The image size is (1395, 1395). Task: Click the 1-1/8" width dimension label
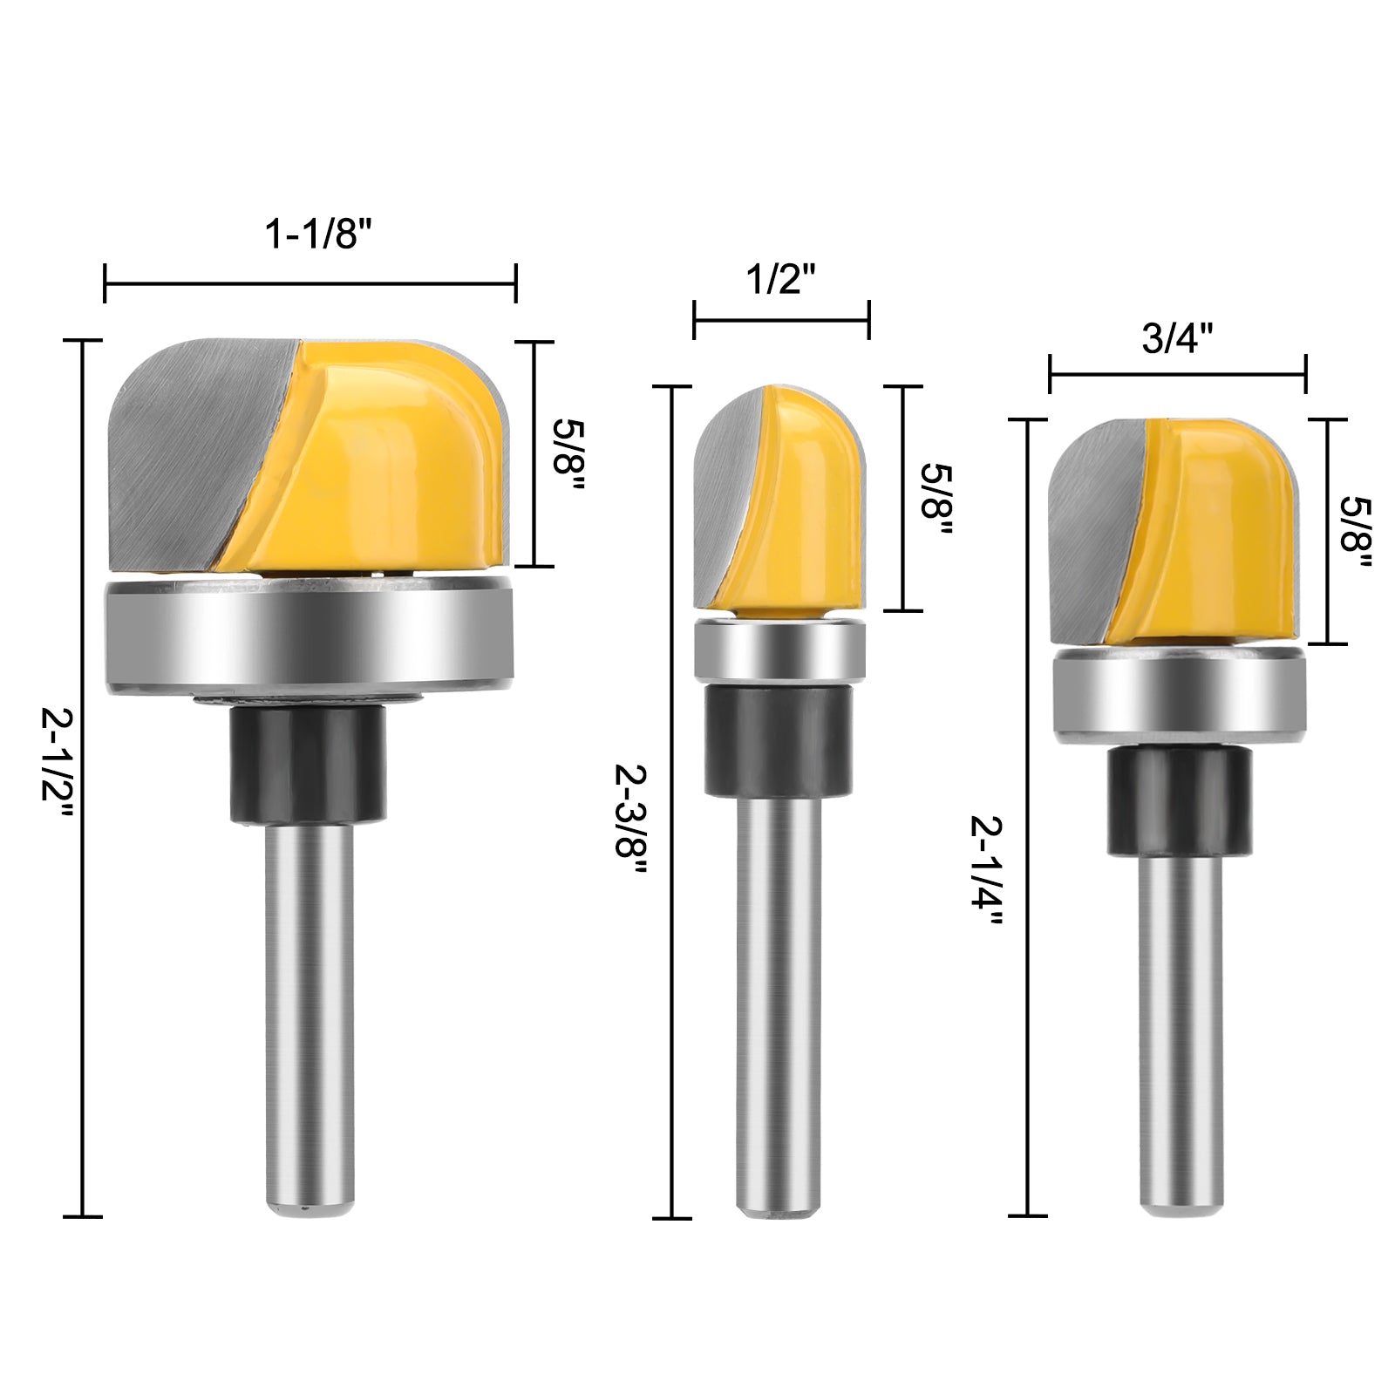312,235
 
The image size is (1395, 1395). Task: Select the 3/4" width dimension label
1178,338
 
